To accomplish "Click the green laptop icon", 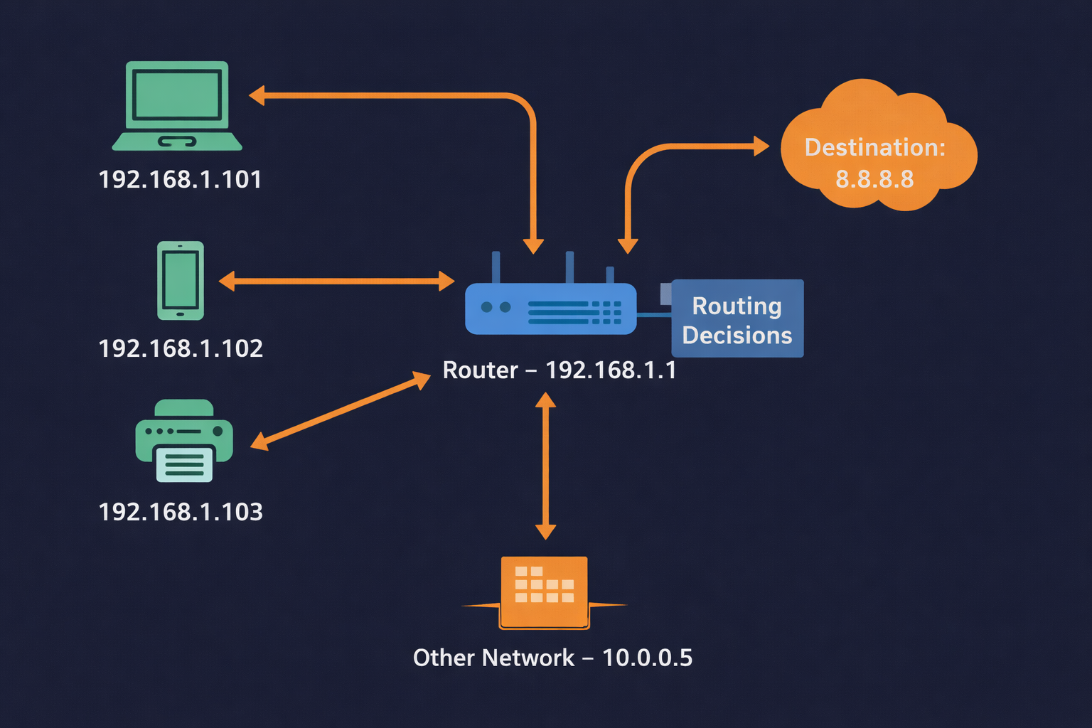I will click(177, 105).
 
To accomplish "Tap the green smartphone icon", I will click(181, 280).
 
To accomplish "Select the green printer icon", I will click(184, 441).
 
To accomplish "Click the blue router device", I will click(550, 308).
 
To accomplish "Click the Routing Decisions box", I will click(737, 318).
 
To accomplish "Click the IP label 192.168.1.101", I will click(180, 179).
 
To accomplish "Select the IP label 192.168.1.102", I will click(181, 348).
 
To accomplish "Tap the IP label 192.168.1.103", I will click(181, 512).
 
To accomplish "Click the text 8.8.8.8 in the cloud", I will click(874, 179).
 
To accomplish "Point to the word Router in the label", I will click(480, 370).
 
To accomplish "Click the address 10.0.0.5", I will click(647, 658).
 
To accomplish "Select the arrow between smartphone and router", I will click(336, 281).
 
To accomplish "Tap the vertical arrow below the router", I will click(545, 466).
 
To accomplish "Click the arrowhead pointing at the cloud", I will click(761, 146).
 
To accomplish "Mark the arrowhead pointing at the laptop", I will click(257, 95).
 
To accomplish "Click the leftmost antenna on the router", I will click(496, 267).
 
